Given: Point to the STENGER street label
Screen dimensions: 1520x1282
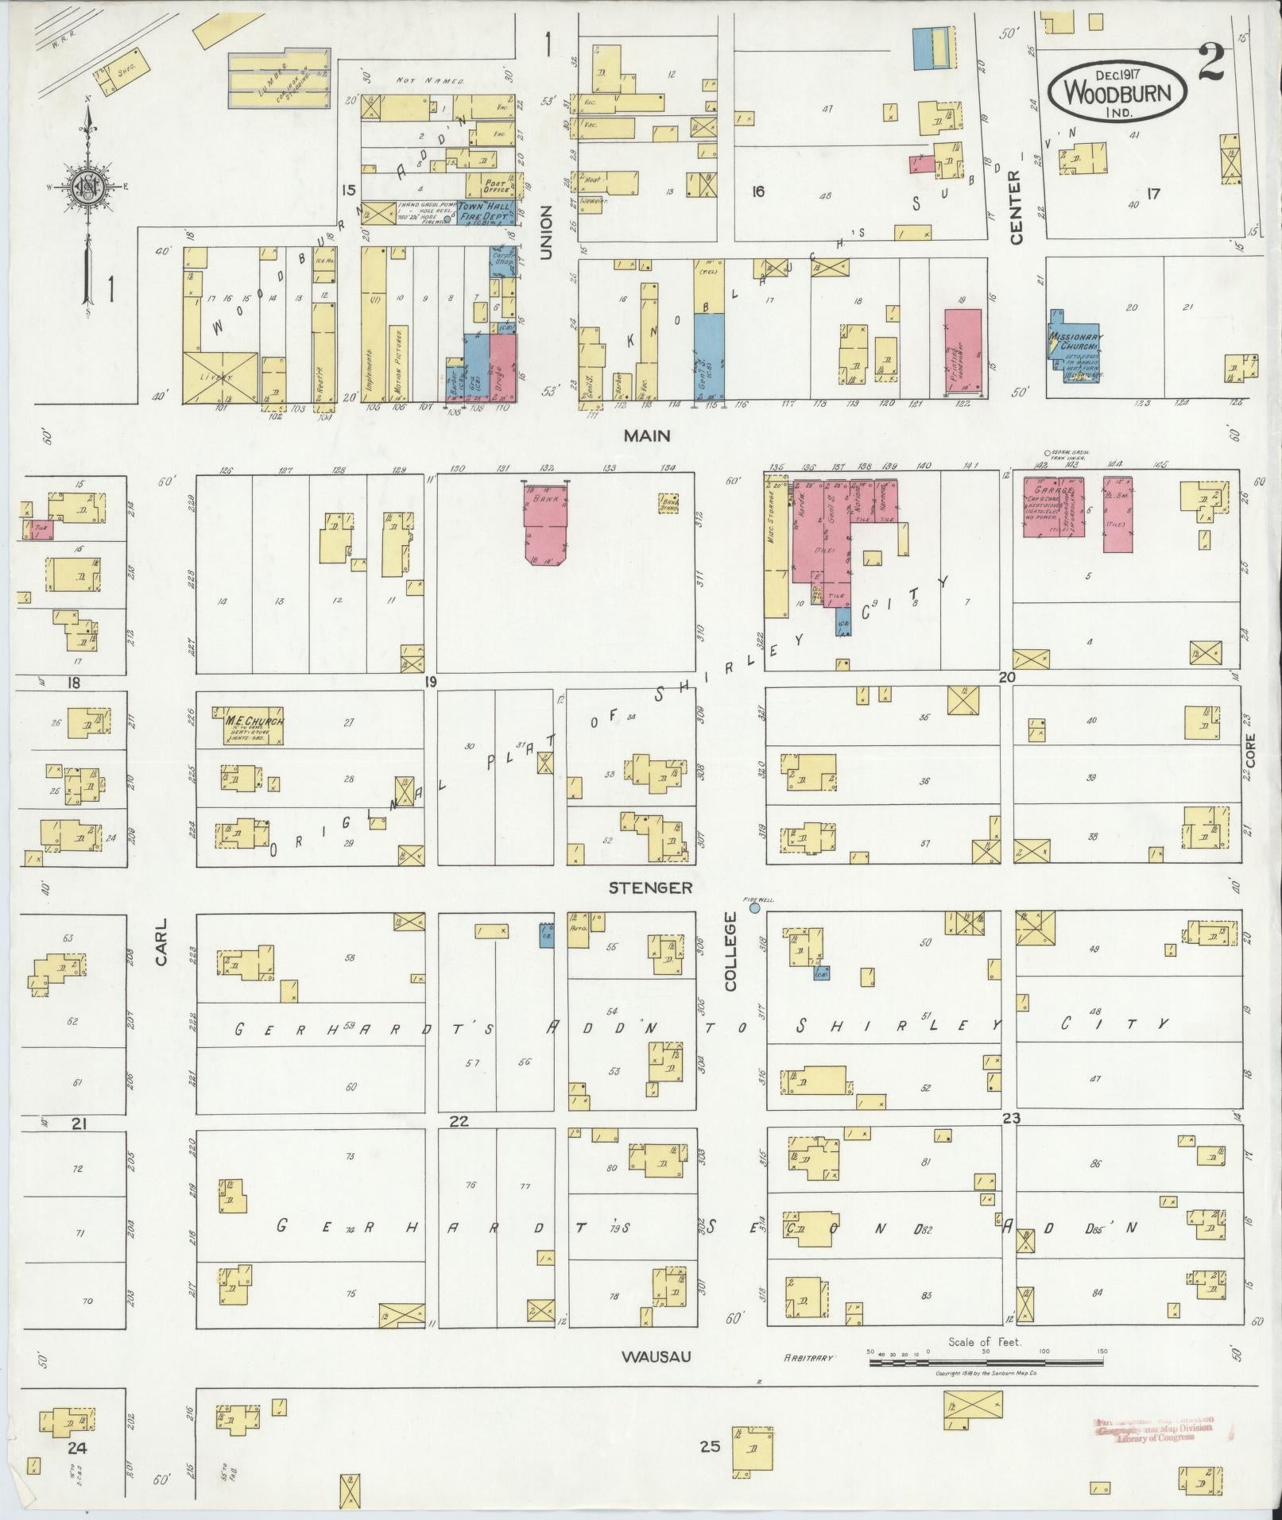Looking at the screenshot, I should (x=650, y=888).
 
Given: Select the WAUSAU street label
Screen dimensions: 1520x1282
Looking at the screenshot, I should (x=656, y=1356).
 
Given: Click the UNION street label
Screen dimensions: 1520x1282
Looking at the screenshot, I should (x=546, y=232).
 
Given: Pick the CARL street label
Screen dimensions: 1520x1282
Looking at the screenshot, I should (x=162, y=942).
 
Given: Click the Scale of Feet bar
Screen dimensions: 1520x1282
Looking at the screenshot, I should (x=986, y=1362).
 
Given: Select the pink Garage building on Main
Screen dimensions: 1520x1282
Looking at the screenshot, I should (x=1054, y=508).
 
